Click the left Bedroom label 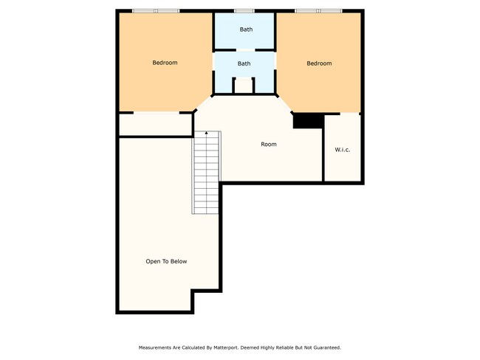(165, 63)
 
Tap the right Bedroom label (319, 63)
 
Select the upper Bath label (245, 30)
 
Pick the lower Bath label (244, 63)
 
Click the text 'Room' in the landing (269, 144)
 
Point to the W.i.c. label (343, 150)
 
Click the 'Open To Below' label (166, 261)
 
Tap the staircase (207, 173)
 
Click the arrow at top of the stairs (206, 134)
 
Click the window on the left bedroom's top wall (155, 10)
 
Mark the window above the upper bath (244, 10)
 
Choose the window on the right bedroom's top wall (318, 10)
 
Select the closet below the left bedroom (156, 125)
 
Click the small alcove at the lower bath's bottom (244, 86)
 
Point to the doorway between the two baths (244, 48)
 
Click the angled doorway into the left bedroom (203, 103)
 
